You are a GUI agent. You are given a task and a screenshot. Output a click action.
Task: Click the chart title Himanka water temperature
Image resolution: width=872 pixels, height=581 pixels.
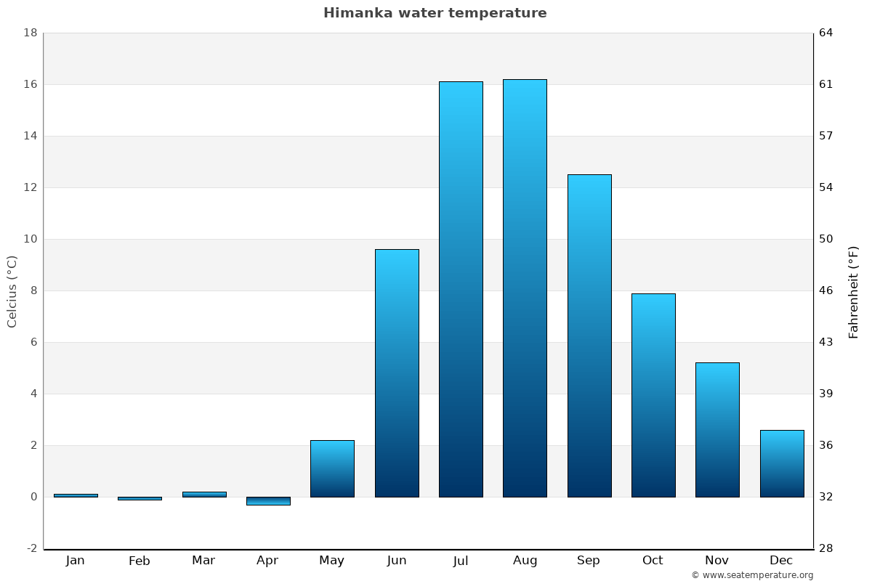pyautogui.click(x=435, y=13)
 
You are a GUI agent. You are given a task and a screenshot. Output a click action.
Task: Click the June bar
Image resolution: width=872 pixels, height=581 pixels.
pyautogui.click(x=397, y=373)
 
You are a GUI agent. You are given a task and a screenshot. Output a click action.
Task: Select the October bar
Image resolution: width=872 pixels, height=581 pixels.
pyautogui.click(x=653, y=395)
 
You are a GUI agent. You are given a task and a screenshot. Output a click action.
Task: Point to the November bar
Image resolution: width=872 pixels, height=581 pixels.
pyautogui.click(x=717, y=430)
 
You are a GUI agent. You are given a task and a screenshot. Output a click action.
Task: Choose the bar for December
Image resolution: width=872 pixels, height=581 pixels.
pyautogui.click(x=782, y=463)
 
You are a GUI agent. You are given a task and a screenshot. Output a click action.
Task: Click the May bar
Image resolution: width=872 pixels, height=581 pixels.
pyautogui.click(x=332, y=468)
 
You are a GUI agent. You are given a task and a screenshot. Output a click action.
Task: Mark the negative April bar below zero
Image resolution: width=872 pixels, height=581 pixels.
pyautogui.click(x=268, y=501)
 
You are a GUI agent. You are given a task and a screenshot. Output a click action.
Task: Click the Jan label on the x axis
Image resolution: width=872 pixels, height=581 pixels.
pyautogui.click(x=75, y=561)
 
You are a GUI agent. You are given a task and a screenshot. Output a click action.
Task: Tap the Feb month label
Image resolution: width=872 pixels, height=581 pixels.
pyautogui.click(x=139, y=561)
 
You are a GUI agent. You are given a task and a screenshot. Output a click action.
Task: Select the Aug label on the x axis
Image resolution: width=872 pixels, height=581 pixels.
pyautogui.click(x=525, y=561)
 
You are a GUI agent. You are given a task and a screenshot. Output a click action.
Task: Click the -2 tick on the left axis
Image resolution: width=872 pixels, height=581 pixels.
pyautogui.click(x=31, y=548)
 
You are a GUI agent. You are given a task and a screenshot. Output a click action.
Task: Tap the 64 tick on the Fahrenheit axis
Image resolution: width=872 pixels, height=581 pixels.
pyautogui.click(x=826, y=33)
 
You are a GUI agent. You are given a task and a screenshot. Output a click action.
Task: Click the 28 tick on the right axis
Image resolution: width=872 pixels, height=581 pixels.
pyautogui.click(x=826, y=548)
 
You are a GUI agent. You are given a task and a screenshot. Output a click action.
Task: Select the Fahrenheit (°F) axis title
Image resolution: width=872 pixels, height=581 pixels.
pyautogui.click(x=853, y=292)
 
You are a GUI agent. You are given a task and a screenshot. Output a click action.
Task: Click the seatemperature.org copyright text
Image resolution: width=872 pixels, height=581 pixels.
pyautogui.click(x=752, y=575)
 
